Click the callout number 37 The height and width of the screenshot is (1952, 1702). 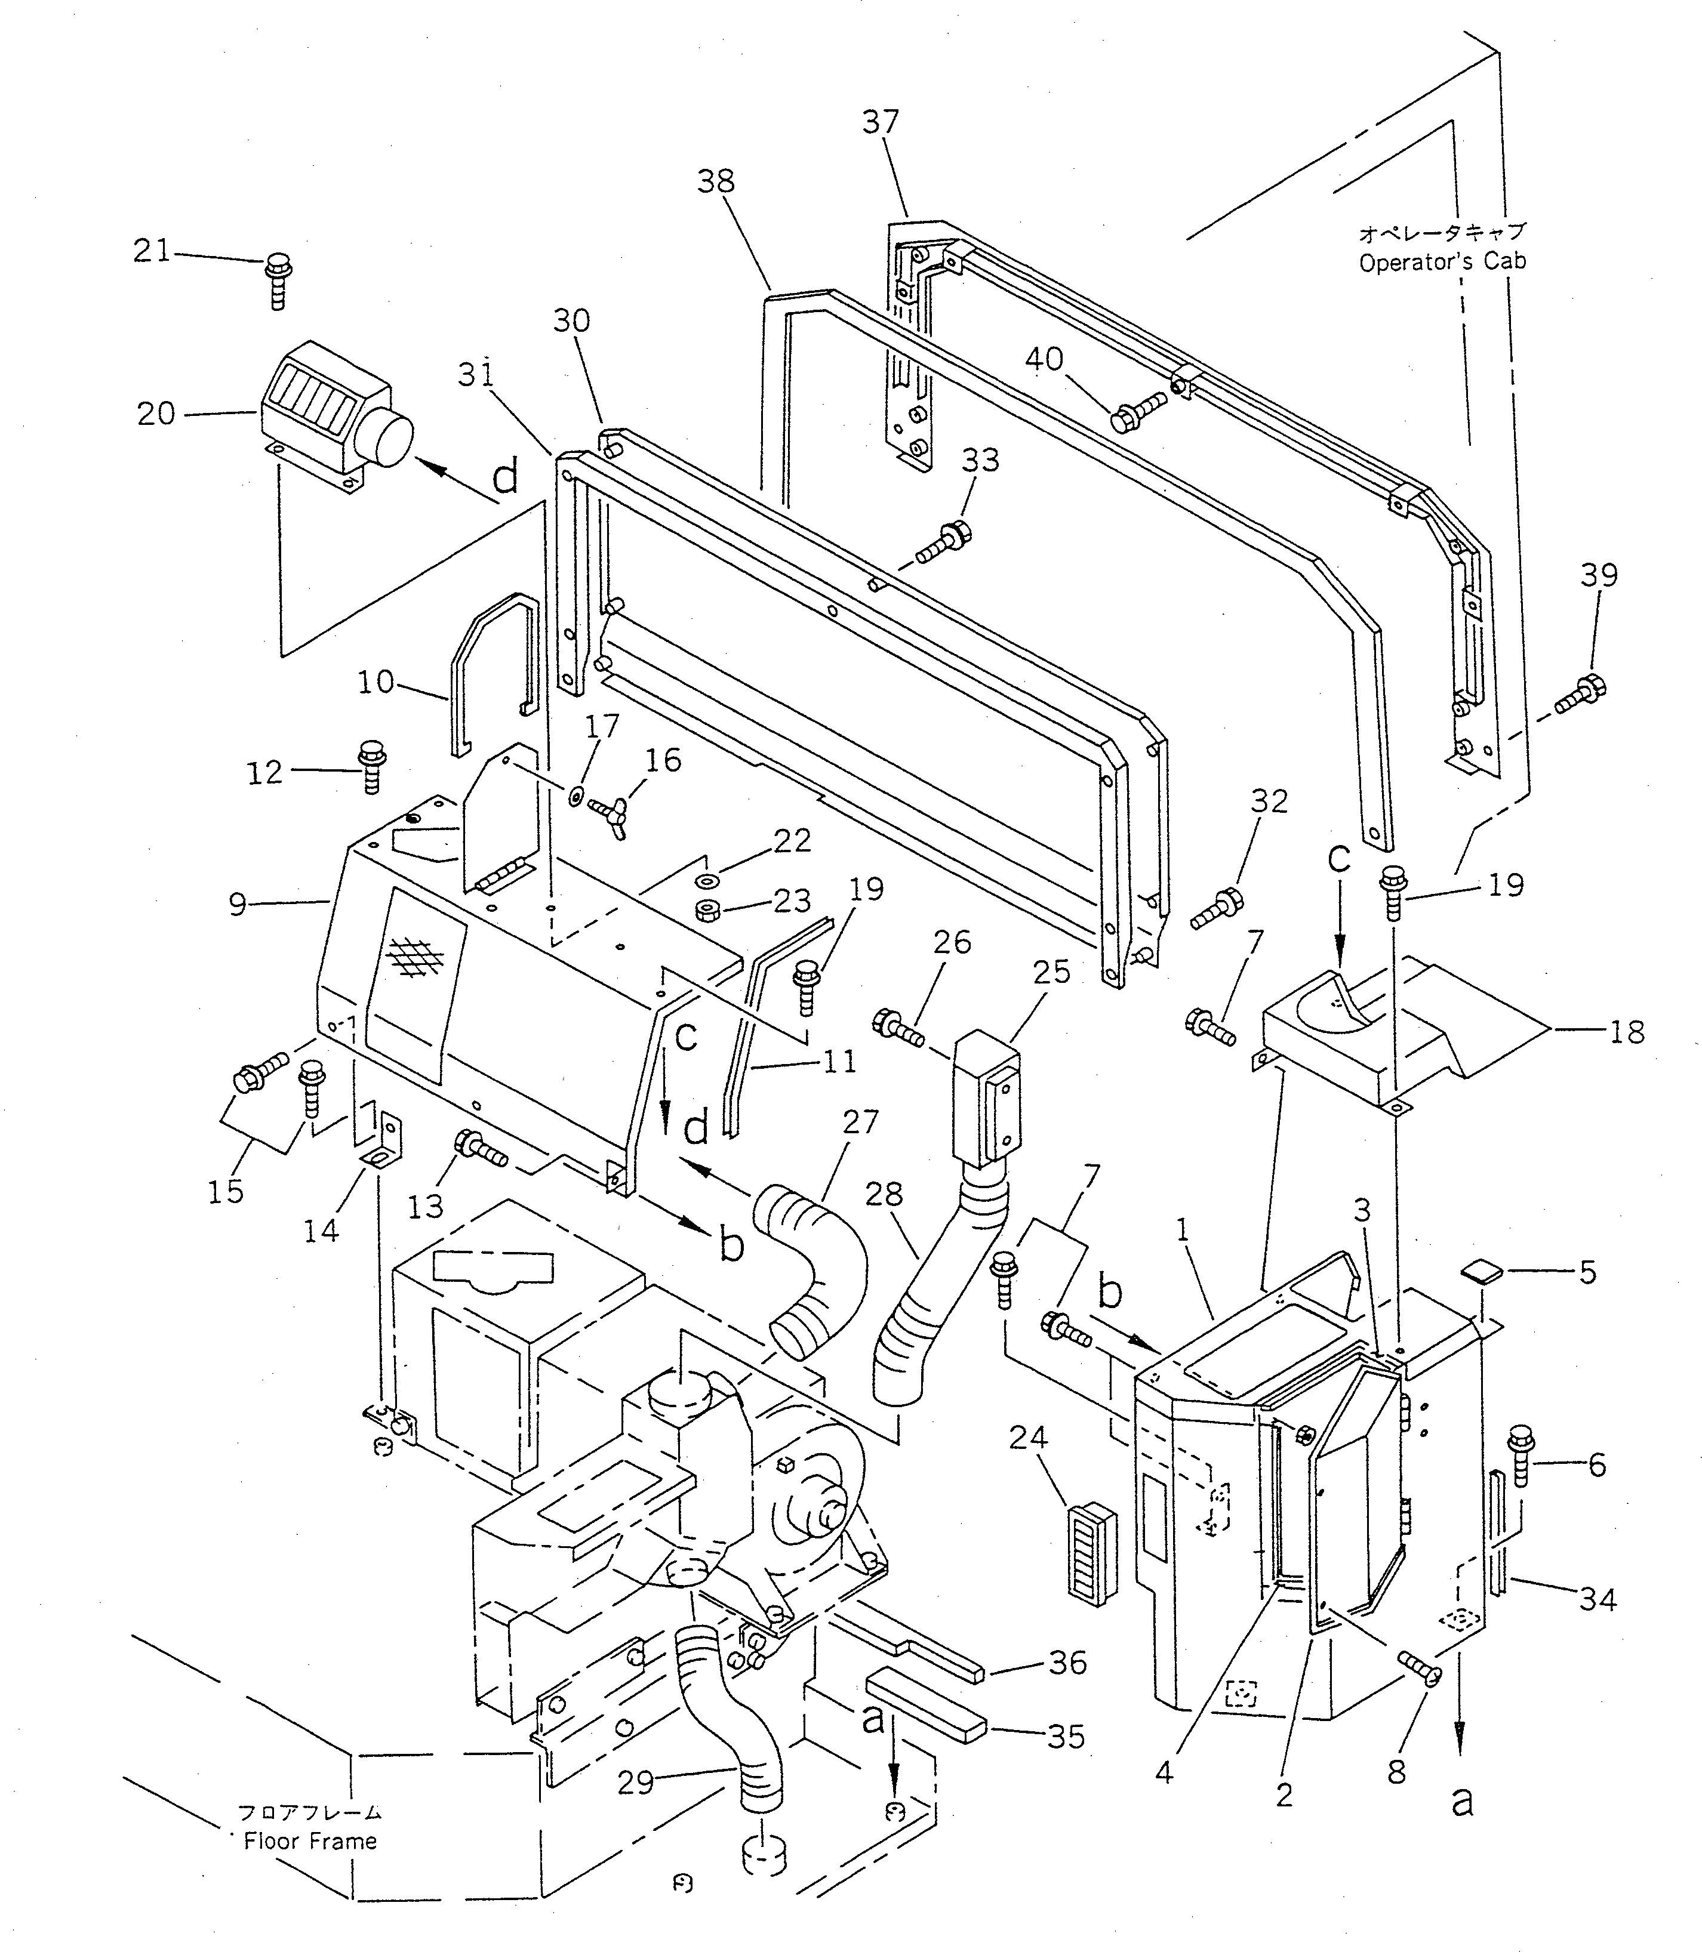coord(881,122)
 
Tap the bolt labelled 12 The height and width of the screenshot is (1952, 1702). coord(370,765)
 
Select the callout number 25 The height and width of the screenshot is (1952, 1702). coord(1051,972)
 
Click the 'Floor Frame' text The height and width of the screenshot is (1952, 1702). coord(310,1841)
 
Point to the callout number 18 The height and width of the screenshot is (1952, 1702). coord(1627,1032)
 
